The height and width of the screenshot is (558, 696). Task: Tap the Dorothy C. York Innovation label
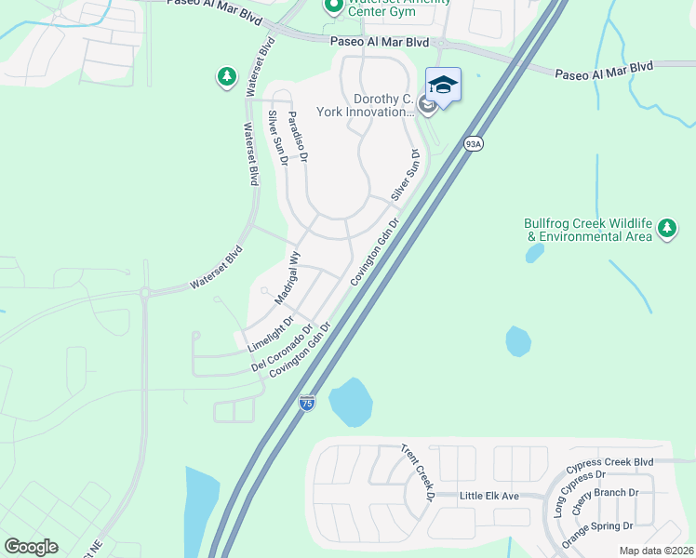pos(383,105)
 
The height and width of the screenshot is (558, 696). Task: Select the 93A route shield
pos(473,143)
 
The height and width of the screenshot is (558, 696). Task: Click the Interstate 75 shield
pos(307,403)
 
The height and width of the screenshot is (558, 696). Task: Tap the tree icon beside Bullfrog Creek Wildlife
pos(665,228)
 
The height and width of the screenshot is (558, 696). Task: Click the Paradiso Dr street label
pos(297,136)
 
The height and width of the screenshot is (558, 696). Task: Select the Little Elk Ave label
pos(489,496)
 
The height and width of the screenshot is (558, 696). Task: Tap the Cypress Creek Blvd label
pos(609,462)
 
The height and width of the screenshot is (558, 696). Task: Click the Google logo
pos(31,547)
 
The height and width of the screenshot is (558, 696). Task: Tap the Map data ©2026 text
pos(655,551)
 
